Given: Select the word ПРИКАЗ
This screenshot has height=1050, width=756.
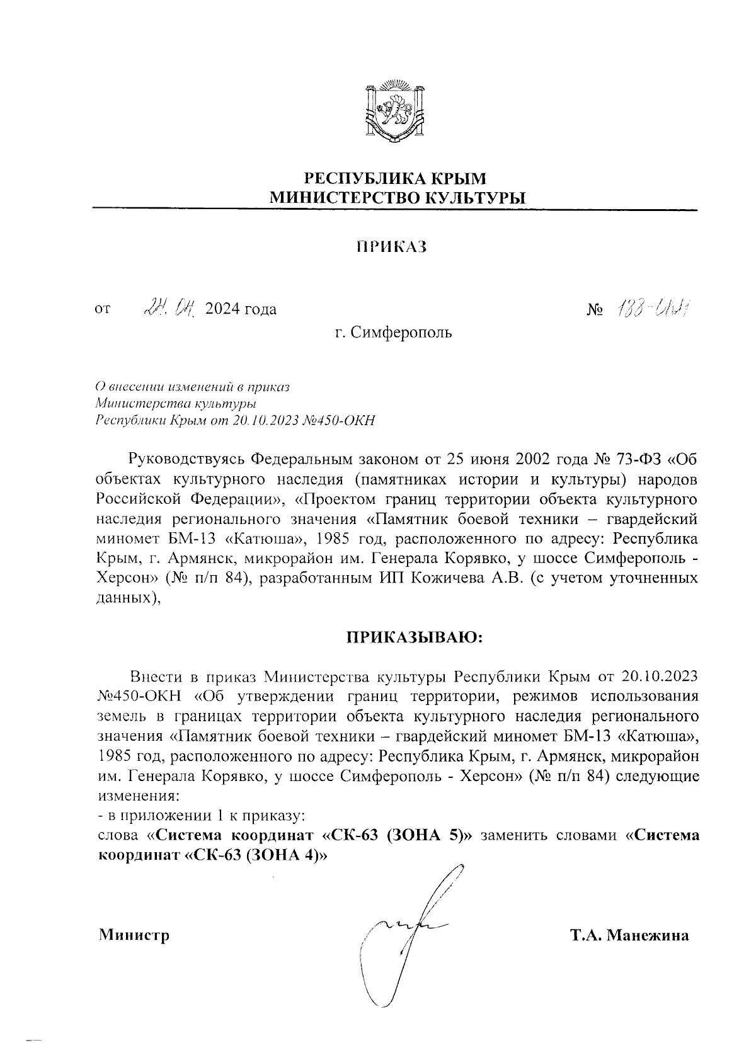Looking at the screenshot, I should click(391, 247).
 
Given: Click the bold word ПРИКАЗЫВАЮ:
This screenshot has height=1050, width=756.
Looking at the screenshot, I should click(415, 637).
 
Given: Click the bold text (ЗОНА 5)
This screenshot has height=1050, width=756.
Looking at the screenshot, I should click(428, 836).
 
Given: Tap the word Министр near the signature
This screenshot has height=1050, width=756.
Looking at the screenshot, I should click(135, 935).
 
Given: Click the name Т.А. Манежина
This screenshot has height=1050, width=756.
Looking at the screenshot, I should click(629, 935).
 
